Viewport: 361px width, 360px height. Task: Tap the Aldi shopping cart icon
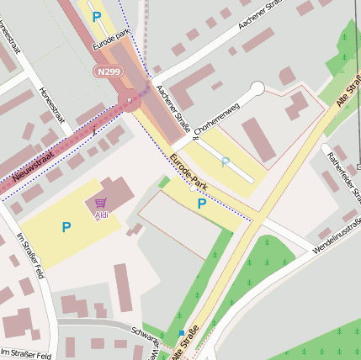[x=101, y=203]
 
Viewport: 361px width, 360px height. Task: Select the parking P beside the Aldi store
[x=66, y=226]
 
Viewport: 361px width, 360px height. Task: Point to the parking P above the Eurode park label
[x=96, y=16]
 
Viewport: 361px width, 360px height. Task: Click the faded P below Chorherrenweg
[x=224, y=161]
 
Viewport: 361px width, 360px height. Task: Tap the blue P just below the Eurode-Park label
[x=201, y=204]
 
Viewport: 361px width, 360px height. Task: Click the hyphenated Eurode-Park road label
[x=188, y=171]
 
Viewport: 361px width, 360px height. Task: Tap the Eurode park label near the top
[x=111, y=37]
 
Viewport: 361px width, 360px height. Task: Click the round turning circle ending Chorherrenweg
[x=257, y=88]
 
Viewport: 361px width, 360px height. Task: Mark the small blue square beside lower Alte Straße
[x=181, y=333]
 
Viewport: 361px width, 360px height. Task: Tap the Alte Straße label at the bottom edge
[x=186, y=345]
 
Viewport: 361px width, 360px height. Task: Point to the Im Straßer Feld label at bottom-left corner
[x=25, y=354]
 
